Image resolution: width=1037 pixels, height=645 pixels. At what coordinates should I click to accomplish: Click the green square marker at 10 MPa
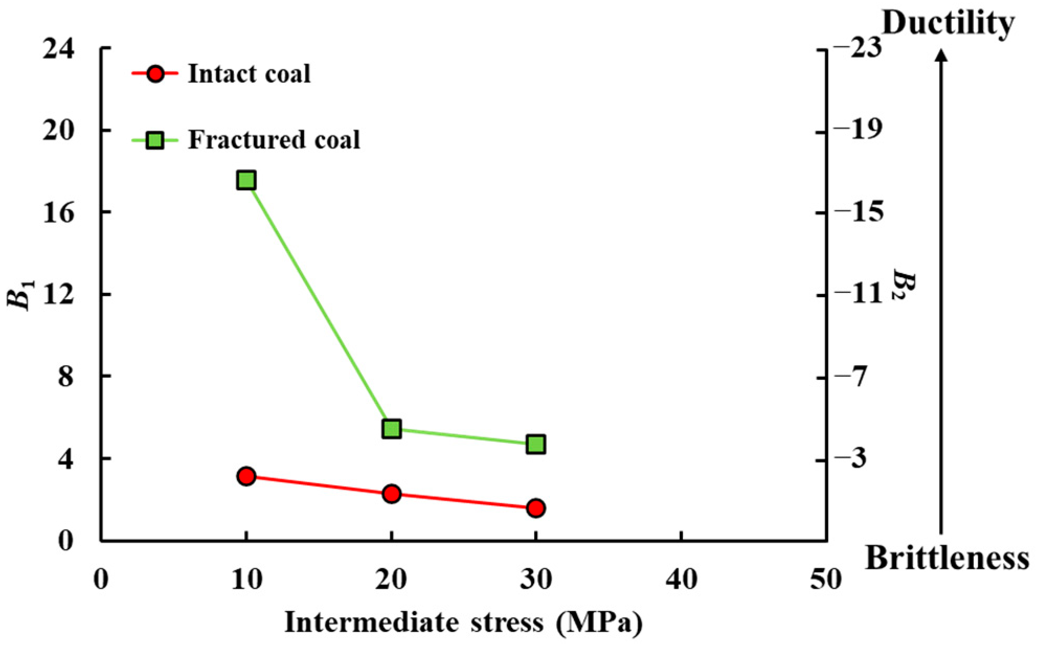click(246, 180)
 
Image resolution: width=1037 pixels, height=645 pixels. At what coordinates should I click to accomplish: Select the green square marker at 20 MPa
click(391, 428)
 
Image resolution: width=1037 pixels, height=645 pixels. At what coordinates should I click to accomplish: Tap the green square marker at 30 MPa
click(536, 444)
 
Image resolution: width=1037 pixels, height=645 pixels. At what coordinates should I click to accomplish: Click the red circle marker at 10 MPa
click(246, 476)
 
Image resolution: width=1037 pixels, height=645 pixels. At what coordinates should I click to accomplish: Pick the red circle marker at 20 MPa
click(391, 493)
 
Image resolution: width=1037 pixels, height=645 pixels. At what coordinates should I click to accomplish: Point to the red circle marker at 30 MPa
click(536, 507)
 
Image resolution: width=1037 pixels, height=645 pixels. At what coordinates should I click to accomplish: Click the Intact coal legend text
click(249, 74)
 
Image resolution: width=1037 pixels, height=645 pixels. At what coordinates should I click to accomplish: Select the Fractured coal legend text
click(274, 140)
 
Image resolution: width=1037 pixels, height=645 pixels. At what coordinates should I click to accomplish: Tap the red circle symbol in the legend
click(155, 74)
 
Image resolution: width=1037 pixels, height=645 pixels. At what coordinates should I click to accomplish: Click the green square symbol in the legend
click(155, 140)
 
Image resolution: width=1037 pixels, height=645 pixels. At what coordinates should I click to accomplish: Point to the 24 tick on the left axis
click(59, 48)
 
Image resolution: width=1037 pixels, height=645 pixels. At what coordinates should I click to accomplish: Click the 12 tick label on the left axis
click(59, 294)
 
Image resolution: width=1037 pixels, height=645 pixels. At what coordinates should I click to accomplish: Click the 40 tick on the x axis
click(681, 580)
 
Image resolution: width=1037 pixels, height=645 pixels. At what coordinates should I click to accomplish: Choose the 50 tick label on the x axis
click(826, 580)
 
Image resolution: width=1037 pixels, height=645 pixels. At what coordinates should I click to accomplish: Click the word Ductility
click(948, 24)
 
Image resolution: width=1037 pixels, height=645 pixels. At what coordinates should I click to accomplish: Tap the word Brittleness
click(947, 558)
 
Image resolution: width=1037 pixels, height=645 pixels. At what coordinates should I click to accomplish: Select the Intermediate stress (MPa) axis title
click(464, 623)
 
